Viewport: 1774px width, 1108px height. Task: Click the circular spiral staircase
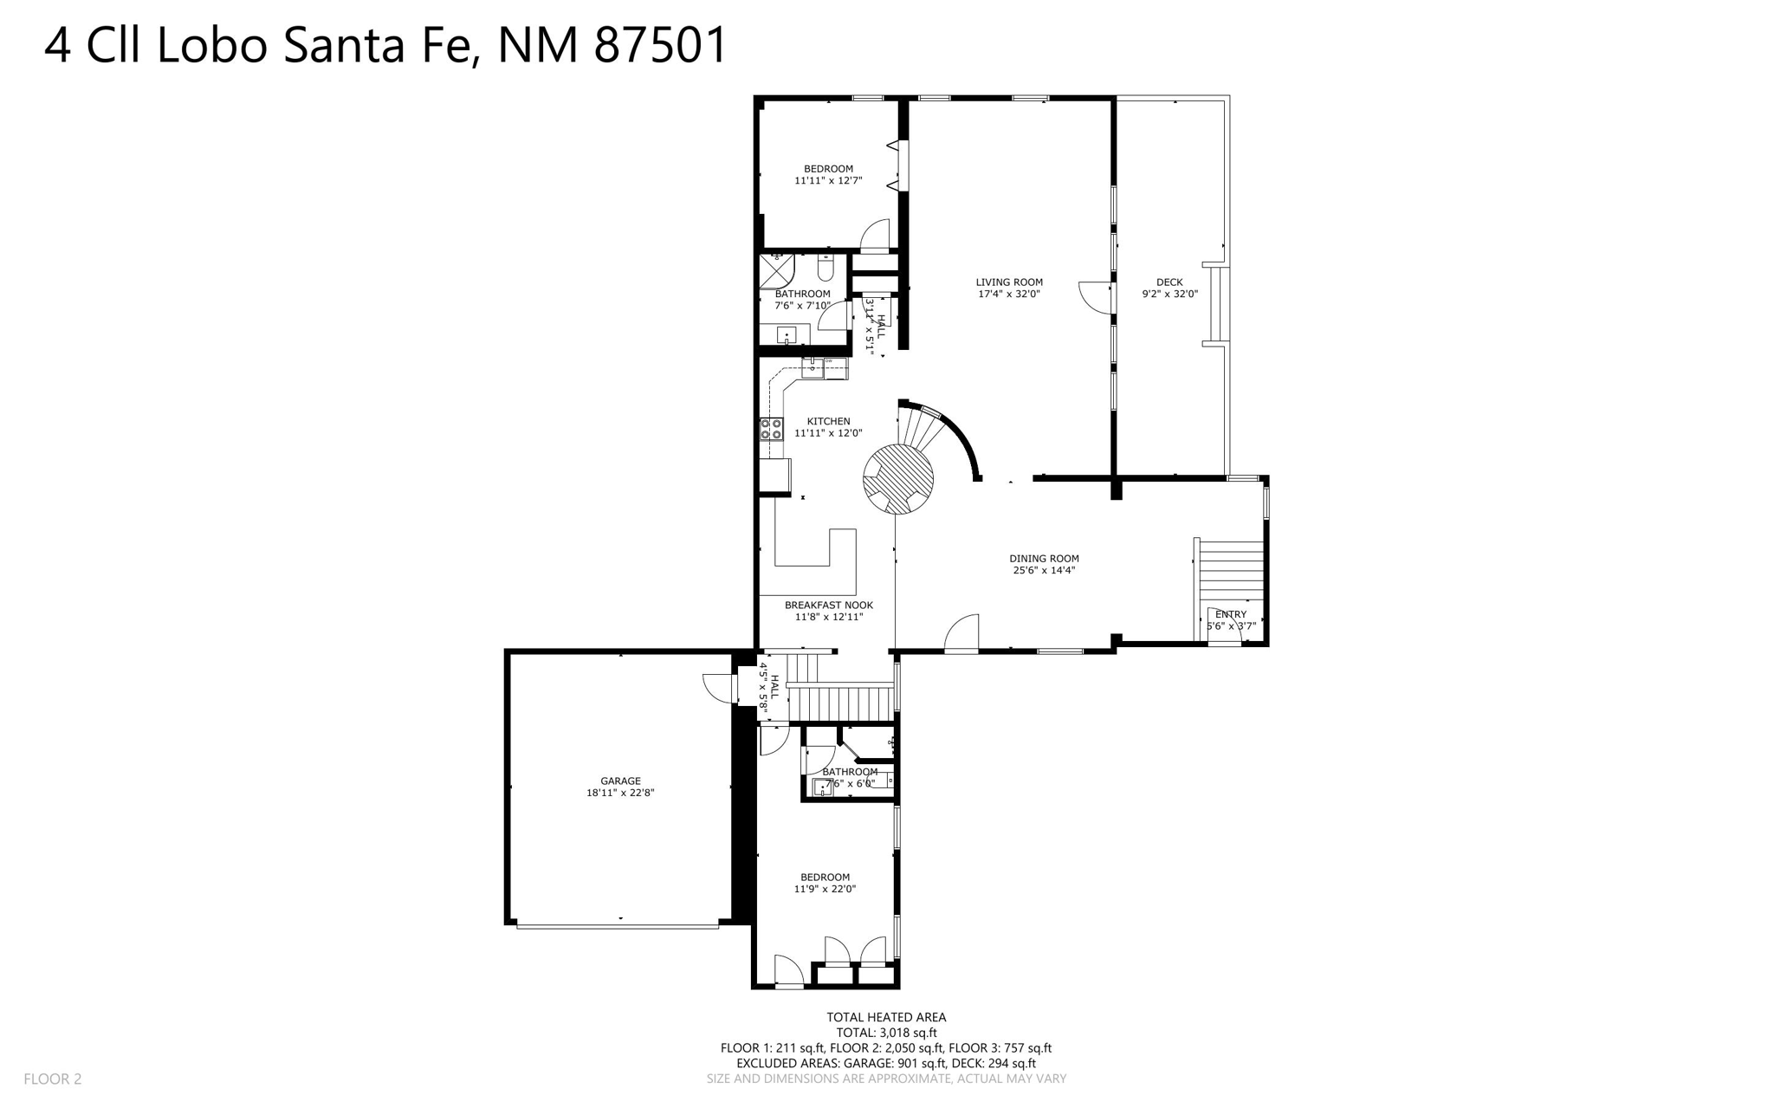[897, 479]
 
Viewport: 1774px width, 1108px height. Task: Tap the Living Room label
[1008, 282]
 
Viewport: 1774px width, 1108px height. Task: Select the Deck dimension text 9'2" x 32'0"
[1169, 294]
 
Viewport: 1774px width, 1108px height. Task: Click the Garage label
[620, 781]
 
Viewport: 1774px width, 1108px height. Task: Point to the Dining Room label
[1044, 558]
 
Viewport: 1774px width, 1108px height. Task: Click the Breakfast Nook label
[828, 605]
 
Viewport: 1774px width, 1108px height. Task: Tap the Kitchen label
[828, 421]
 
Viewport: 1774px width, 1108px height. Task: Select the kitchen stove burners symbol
[771, 428]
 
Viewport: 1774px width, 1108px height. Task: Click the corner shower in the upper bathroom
[775, 270]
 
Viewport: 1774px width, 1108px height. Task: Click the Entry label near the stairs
[1230, 614]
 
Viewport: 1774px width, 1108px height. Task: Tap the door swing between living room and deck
[1097, 296]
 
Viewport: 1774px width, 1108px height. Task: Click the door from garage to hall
[718, 690]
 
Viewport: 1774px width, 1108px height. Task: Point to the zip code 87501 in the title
[660, 45]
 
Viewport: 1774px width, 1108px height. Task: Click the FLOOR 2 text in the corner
[52, 1079]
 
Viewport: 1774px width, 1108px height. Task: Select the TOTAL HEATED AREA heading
[885, 1017]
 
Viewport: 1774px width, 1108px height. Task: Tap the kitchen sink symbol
[813, 368]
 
